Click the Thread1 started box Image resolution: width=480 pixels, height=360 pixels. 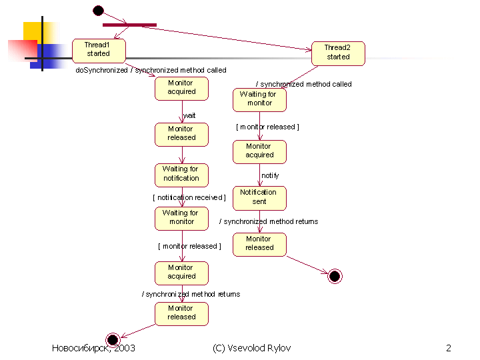click(x=99, y=50)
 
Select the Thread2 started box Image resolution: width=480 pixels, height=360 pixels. click(x=338, y=53)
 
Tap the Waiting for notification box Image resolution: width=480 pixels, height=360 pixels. click(x=181, y=174)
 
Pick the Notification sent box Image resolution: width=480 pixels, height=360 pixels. click(x=259, y=197)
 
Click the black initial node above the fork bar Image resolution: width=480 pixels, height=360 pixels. click(x=98, y=10)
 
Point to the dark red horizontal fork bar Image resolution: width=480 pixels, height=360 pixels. click(x=129, y=25)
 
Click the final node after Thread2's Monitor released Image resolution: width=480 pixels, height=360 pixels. click(x=335, y=276)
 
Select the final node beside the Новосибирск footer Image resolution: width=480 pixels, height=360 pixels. click(x=112, y=339)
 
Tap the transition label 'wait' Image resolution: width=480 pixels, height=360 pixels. click(x=189, y=115)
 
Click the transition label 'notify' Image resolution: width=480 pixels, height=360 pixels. click(x=270, y=175)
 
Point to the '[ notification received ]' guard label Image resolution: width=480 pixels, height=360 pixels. click(x=189, y=197)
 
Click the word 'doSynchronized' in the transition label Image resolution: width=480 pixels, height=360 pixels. click(x=101, y=70)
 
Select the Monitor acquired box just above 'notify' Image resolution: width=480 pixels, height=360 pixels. click(x=259, y=151)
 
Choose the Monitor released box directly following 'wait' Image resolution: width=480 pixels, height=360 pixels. click(x=181, y=134)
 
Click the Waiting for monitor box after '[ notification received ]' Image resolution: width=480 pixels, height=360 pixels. click(x=181, y=218)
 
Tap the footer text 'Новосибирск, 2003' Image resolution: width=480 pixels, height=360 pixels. click(x=93, y=349)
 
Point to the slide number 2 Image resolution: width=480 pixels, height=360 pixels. click(x=449, y=349)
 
